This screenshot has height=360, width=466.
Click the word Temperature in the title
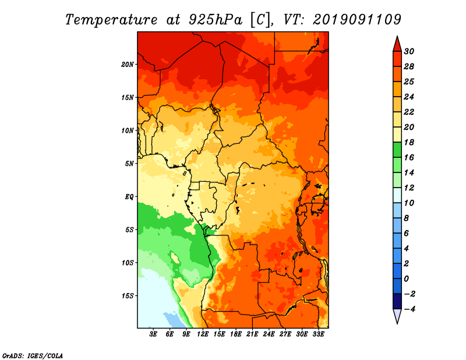111,20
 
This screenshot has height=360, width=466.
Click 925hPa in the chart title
215,20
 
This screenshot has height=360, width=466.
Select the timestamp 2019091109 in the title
357,20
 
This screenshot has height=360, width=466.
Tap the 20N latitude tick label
128,65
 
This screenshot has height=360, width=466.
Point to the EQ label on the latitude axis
129,197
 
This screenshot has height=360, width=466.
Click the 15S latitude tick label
128,296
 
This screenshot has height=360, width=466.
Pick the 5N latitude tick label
129,164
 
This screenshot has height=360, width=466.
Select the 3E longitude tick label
153,334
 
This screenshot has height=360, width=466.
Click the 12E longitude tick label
203,334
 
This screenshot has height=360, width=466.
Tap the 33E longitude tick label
318,334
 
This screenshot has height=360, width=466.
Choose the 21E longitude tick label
252,334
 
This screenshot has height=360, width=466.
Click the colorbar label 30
409,51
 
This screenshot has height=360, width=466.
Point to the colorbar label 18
409,142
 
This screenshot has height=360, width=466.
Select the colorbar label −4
409,309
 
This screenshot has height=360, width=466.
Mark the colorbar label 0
406,279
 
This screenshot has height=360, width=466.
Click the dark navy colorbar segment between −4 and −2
397,301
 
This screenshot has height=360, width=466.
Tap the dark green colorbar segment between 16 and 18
397,150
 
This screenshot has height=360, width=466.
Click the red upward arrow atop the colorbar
397,45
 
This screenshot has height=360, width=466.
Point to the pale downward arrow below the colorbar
397,316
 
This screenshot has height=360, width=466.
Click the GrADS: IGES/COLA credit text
33,356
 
